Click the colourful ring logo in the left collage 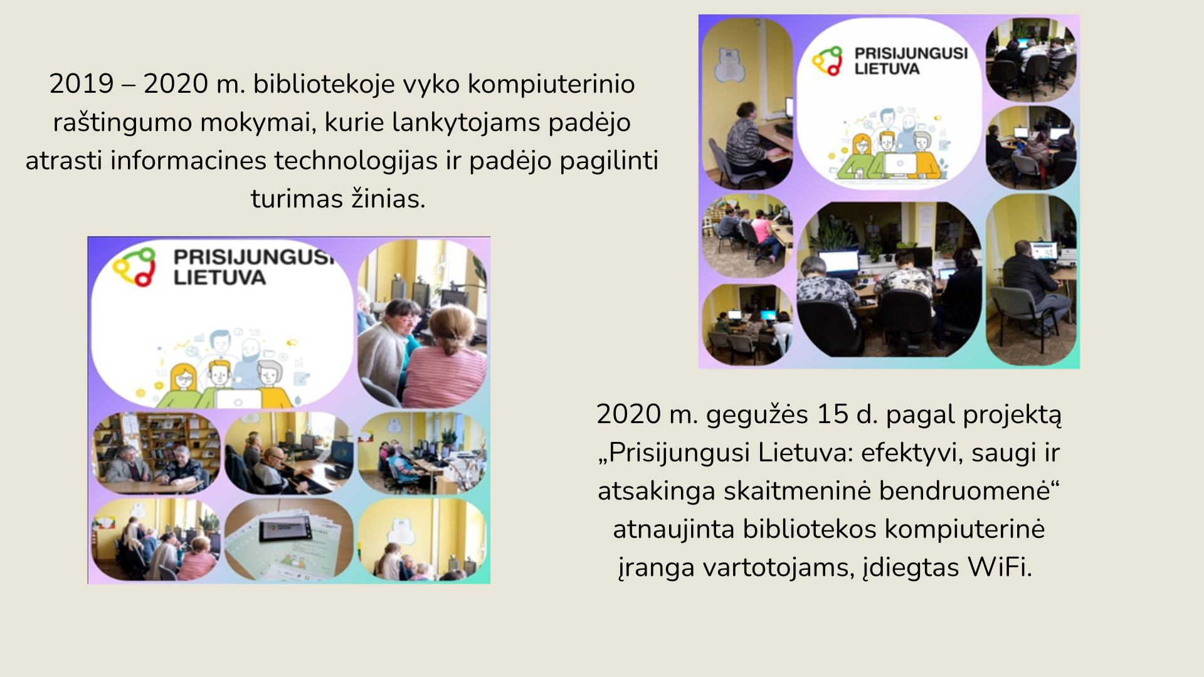point(134,266)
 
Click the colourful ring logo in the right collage point(827,61)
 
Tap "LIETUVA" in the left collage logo point(219,278)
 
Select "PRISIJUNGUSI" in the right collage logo point(911,53)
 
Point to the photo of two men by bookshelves point(157,453)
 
